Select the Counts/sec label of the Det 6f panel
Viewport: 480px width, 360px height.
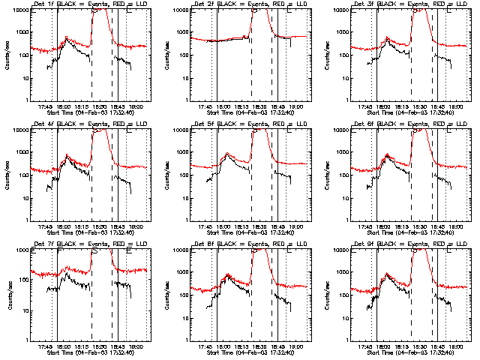coord(326,175)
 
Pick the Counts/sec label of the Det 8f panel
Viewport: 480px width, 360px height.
coord(166,295)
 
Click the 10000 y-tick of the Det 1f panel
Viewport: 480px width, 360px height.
coord(22,10)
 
